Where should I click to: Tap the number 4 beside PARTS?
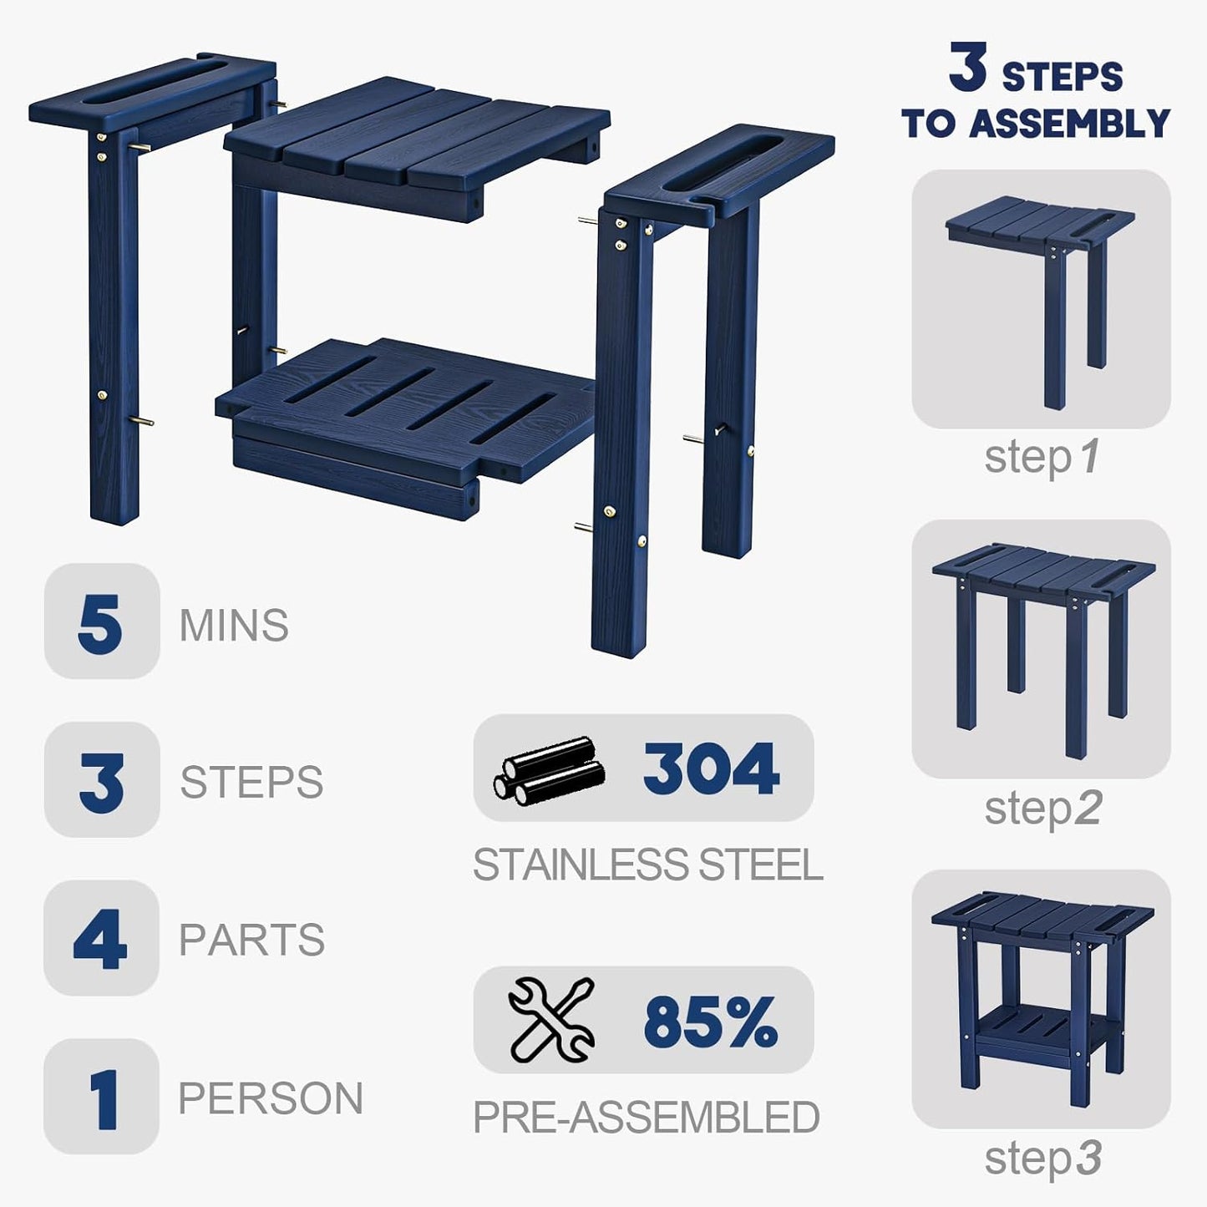point(100,939)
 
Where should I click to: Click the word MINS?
point(234,625)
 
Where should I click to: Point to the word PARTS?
point(251,940)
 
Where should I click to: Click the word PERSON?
point(271,1098)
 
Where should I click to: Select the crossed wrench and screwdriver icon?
point(551,1021)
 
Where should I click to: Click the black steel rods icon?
point(549,770)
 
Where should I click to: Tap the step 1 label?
point(1042,457)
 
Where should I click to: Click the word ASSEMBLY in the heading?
point(1070,123)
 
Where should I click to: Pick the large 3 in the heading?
point(968,67)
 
